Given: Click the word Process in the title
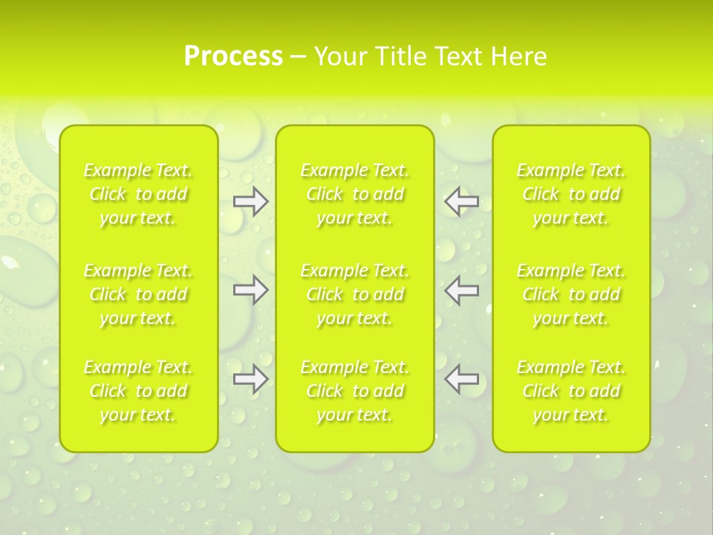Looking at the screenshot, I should point(233,56).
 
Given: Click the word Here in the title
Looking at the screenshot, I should point(520,56).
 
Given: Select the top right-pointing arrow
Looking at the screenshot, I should point(250,201).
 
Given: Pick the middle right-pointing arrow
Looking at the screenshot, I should point(250,290).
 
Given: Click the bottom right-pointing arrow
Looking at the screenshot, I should point(250,379).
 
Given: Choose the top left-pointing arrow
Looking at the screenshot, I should point(462,201).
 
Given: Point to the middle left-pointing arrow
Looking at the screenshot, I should point(462,290).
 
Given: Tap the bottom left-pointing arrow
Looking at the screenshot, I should point(462,379).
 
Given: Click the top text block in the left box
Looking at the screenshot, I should point(138,194).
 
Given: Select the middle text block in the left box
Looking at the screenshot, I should point(138,294).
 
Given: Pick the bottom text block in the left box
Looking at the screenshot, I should point(138,391).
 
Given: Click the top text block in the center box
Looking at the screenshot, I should point(355,194).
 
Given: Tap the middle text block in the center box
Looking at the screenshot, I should point(355,294).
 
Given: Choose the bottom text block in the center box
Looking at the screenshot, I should point(355,391).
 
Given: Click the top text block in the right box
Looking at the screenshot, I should point(571,194).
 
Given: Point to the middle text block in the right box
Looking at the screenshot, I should point(571,294).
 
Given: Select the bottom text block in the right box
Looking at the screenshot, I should point(571,391).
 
